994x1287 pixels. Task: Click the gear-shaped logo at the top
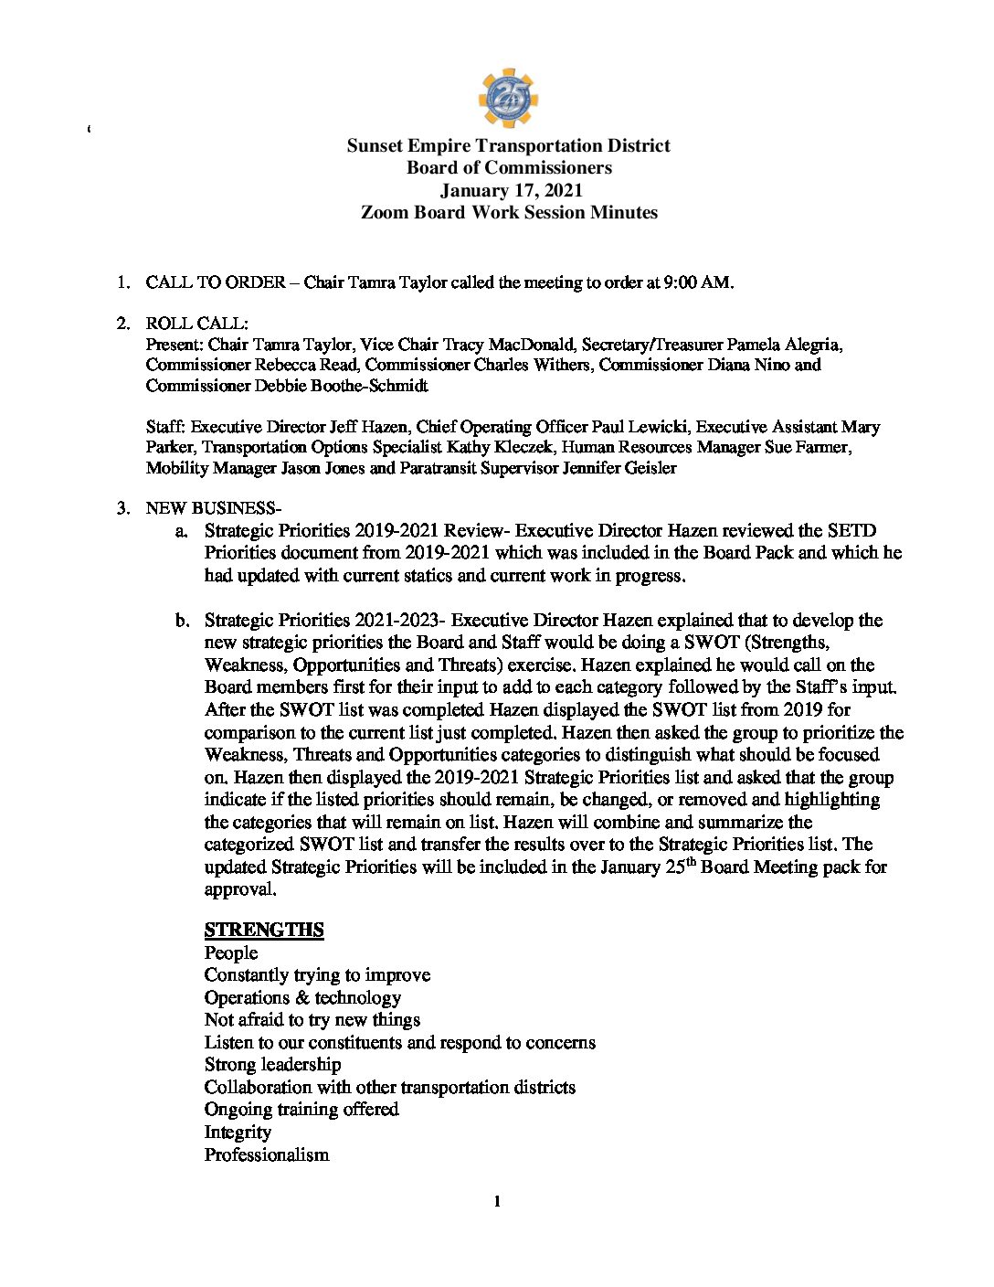pyautogui.click(x=508, y=98)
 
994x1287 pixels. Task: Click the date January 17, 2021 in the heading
pyautogui.click(x=511, y=190)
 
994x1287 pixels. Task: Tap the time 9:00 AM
pyautogui.click(x=699, y=282)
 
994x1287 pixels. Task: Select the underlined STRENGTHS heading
pyautogui.click(x=264, y=930)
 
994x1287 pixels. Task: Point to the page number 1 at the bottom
pyautogui.click(x=497, y=1201)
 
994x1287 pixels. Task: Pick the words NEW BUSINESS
pyautogui.click(x=209, y=508)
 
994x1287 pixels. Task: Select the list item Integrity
pyautogui.click(x=238, y=1132)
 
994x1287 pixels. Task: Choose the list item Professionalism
pyautogui.click(x=266, y=1154)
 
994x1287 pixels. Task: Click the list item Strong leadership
pyautogui.click(x=272, y=1064)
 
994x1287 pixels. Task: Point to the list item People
pyautogui.click(x=231, y=952)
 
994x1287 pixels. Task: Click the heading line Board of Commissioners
pyautogui.click(x=509, y=167)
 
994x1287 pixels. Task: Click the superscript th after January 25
pyautogui.click(x=692, y=861)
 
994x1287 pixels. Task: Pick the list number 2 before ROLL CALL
pyautogui.click(x=122, y=324)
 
